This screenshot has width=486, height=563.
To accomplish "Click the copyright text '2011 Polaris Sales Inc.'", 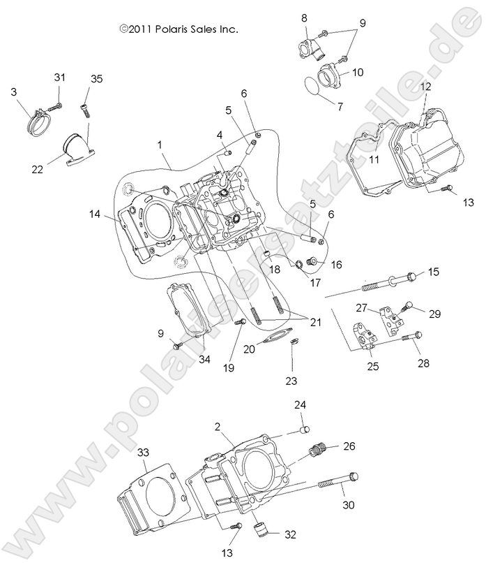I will [180, 29].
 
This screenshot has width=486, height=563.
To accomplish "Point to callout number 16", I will [337, 265].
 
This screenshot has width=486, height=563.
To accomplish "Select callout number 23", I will [291, 381].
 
